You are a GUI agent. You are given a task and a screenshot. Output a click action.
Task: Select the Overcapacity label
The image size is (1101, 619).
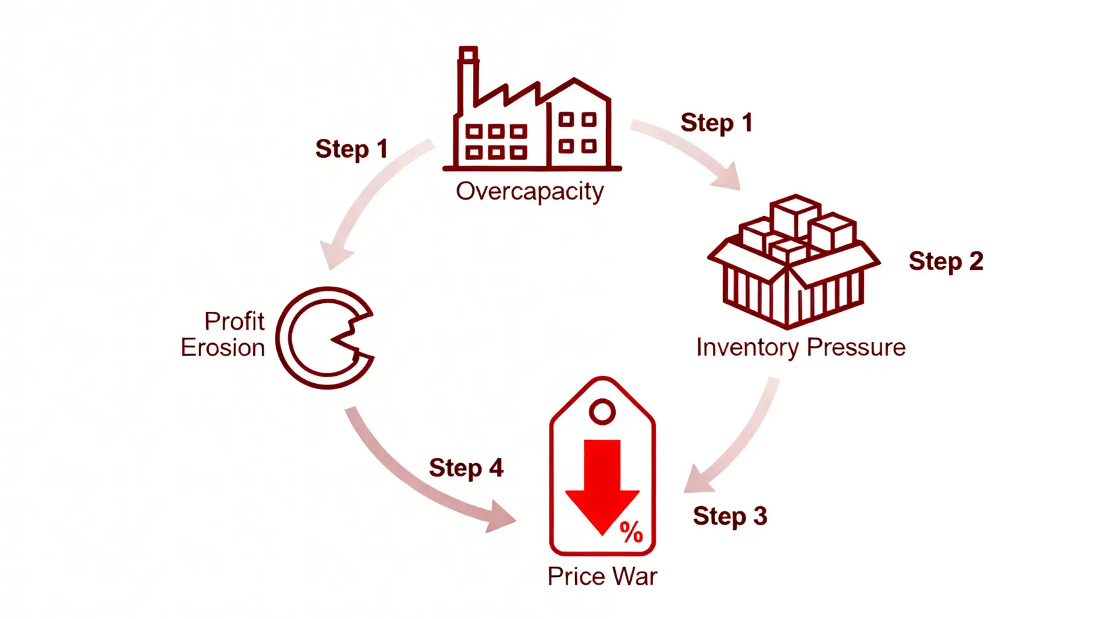(x=530, y=192)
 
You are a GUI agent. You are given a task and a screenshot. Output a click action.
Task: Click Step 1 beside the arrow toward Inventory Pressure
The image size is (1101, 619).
(x=716, y=123)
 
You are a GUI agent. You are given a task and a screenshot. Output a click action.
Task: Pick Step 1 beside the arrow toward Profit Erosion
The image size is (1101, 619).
(x=352, y=149)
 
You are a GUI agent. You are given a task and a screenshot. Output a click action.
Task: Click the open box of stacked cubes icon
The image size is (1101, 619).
(x=793, y=261)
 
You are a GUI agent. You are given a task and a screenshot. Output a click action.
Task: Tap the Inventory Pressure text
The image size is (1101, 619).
(x=800, y=347)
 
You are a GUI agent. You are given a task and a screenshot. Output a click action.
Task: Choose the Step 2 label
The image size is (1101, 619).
(x=946, y=262)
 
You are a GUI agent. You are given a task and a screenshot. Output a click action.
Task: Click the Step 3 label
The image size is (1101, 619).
(x=730, y=516)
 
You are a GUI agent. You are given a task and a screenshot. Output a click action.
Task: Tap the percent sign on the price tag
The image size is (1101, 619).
(x=631, y=532)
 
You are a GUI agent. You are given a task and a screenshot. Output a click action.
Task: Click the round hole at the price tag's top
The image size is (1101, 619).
(x=602, y=412)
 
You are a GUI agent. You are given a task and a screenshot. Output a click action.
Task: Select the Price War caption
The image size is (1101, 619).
(x=602, y=577)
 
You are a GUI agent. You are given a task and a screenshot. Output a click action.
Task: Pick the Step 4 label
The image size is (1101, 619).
(x=466, y=468)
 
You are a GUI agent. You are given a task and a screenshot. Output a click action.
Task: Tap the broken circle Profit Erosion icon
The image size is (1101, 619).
(x=324, y=338)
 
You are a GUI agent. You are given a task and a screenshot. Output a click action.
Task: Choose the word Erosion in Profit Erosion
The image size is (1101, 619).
(x=223, y=348)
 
